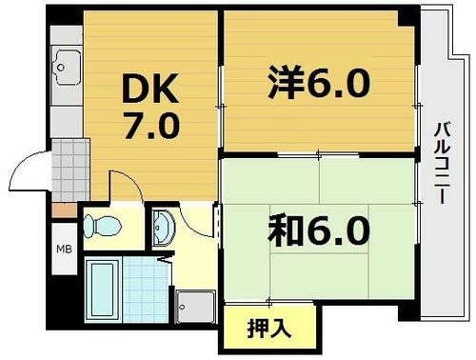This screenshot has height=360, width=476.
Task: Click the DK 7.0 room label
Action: tap(148, 107)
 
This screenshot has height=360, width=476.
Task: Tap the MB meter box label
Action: tap(62, 250)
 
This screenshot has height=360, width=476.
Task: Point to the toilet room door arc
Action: tap(124, 184)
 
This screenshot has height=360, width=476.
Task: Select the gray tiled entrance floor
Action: tap(67, 171)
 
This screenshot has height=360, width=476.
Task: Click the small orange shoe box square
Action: tap(62, 209)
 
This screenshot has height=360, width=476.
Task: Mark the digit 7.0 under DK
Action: tap(148, 127)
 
